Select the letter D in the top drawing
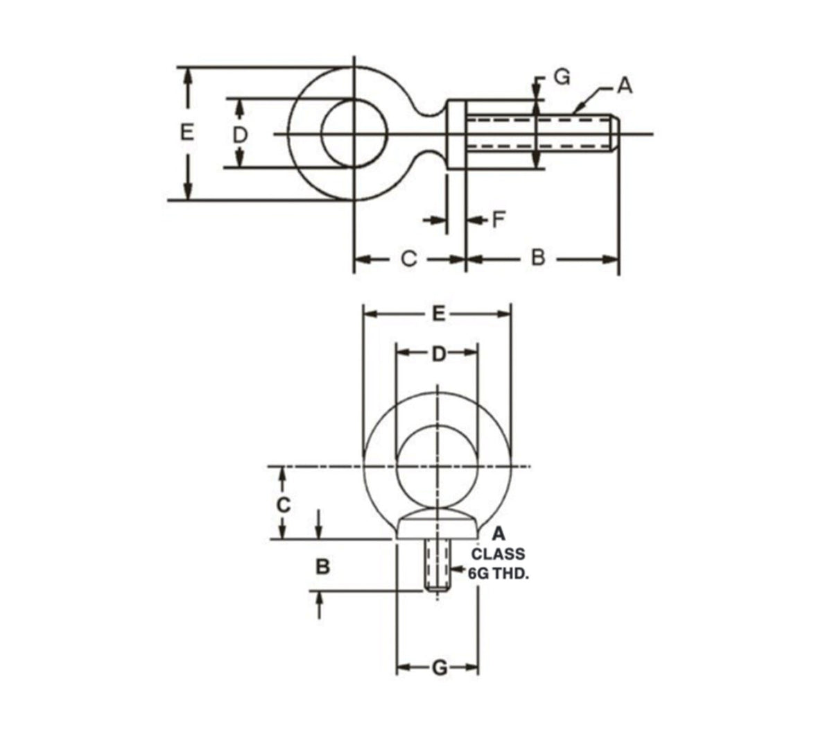coord(240,134)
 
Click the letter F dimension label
coord(498,221)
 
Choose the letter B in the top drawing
coord(538,258)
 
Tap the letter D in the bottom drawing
coord(438,355)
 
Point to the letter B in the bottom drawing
coord(322,567)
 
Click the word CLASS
coord(498,554)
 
